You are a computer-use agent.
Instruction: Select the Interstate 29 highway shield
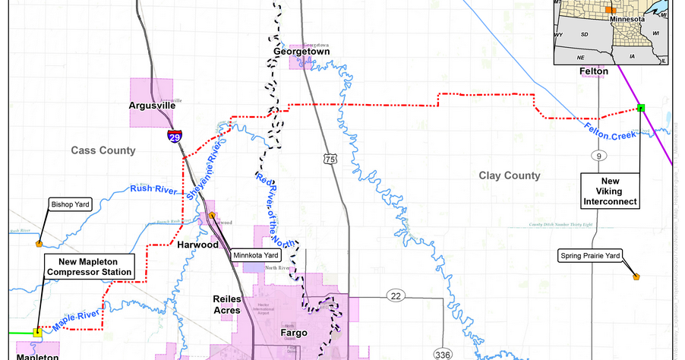175,137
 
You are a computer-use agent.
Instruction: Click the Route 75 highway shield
329,158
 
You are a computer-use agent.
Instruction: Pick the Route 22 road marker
395,295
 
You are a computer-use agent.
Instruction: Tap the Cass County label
103,150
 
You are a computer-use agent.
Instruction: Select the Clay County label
509,175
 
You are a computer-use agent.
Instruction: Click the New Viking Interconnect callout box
611,190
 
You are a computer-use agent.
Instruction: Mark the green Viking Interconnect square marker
641,108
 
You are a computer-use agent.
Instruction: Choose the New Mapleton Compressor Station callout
90,266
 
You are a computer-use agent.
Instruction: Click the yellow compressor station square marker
37,332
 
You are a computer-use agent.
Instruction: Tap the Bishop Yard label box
71,204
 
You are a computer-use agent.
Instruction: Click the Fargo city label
292,333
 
